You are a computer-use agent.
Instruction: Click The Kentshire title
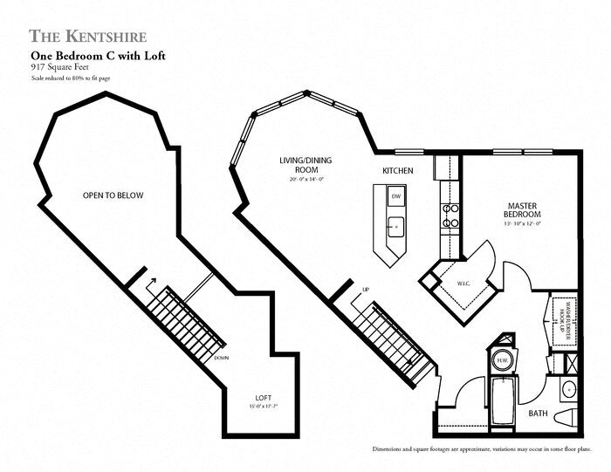[x=87, y=36]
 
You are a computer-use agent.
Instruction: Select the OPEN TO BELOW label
[x=113, y=195]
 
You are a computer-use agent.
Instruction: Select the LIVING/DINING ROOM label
[x=302, y=166]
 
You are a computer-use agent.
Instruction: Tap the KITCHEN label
[x=398, y=170]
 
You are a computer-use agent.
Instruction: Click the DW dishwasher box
[x=395, y=196]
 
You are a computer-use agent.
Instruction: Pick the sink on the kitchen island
[x=396, y=225]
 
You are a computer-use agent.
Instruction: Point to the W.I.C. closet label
[x=463, y=283]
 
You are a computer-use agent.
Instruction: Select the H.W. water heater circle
[x=504, y=360]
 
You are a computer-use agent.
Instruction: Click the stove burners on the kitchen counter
[x=451, y=215]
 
